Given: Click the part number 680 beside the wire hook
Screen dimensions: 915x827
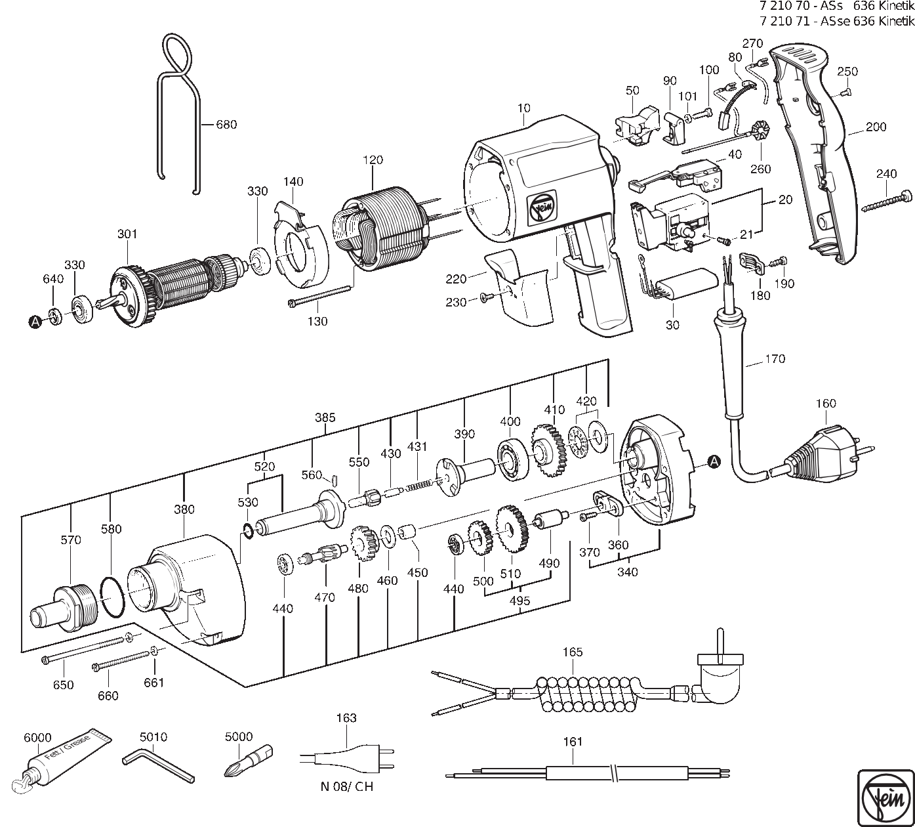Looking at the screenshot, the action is (226, 124).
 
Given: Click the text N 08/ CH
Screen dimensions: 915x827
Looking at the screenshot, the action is (347, 786).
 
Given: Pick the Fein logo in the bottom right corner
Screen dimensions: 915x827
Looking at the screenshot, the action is (885, 797).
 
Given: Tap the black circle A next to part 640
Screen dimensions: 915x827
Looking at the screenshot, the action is (35, 322).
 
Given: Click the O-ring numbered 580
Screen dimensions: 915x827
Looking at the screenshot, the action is (112, 597).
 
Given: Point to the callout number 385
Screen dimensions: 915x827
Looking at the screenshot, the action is (325, 417).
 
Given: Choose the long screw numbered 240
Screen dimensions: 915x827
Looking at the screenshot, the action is (887, 202).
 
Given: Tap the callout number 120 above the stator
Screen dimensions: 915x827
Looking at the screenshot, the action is (373, 160).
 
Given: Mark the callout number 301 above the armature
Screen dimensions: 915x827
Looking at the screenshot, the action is (127, 234).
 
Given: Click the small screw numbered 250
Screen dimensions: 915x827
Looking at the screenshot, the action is (844, 93).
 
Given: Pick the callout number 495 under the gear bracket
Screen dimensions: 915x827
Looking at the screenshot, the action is (519, 601).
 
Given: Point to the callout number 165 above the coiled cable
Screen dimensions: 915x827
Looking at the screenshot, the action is (573, 652).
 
